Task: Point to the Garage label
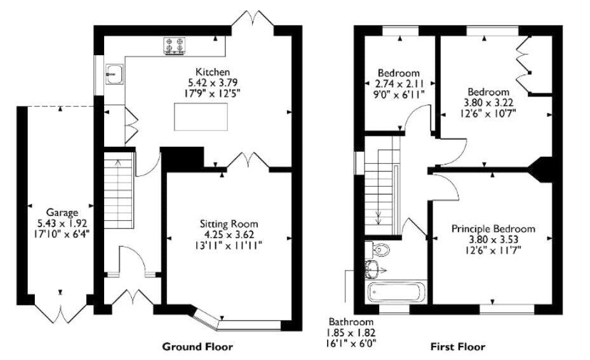coord(62,212)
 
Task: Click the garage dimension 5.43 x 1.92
coord(62,223)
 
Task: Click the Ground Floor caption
coord(198,347)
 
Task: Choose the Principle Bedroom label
coord(493,229)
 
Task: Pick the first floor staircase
coord(381,190)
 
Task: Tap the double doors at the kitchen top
coord(252,18)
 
